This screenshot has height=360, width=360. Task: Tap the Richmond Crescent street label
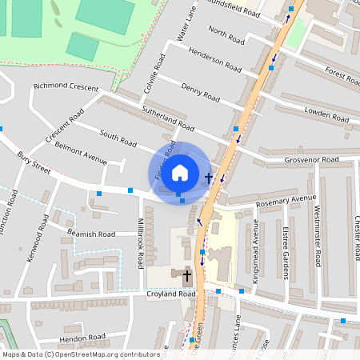pyautogui.click(x=66, y=86)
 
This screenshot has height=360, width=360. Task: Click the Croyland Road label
pyautogui.click(x=170, y=294)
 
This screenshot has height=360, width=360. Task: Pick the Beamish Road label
pyautogui.click(x=93, y=233)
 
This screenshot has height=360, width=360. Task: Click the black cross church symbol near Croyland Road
pyautogui.click(x=187, y=278)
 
